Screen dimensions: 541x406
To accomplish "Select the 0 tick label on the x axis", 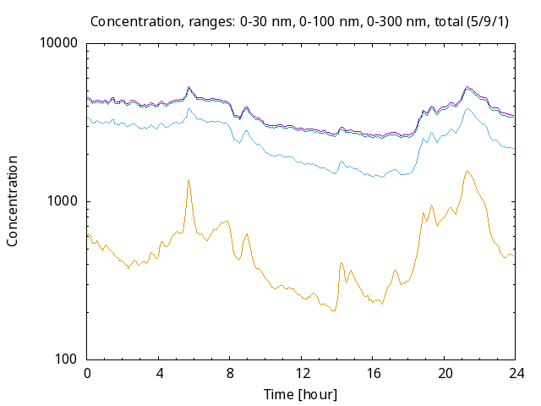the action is coord(87,373).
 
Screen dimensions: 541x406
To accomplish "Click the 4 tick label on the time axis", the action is coord(159,373).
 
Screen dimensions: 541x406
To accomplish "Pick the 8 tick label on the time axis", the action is coord(230,373).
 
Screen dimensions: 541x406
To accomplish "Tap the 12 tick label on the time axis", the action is coord(302,373).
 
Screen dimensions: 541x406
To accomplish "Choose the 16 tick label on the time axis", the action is coord(373,373).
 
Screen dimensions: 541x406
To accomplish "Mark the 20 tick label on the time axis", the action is coord(445,373).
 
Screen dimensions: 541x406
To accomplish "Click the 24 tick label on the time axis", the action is coord(516,373).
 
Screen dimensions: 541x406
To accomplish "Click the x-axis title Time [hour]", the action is coord(301,394).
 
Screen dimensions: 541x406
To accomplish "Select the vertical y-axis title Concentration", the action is coord(12,201).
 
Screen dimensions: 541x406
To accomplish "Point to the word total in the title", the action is coord(448,22).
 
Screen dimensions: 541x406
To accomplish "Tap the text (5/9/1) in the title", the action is coord(488,22).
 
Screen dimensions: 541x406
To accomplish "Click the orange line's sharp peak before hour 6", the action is coord(189,180).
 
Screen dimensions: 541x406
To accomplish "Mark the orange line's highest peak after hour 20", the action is coord(467,172).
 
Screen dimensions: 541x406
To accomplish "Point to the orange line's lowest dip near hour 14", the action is coord(333,310).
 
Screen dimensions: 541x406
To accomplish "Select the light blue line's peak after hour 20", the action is coord(467,109).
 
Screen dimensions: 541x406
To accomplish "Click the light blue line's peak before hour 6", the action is coord(189,108).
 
